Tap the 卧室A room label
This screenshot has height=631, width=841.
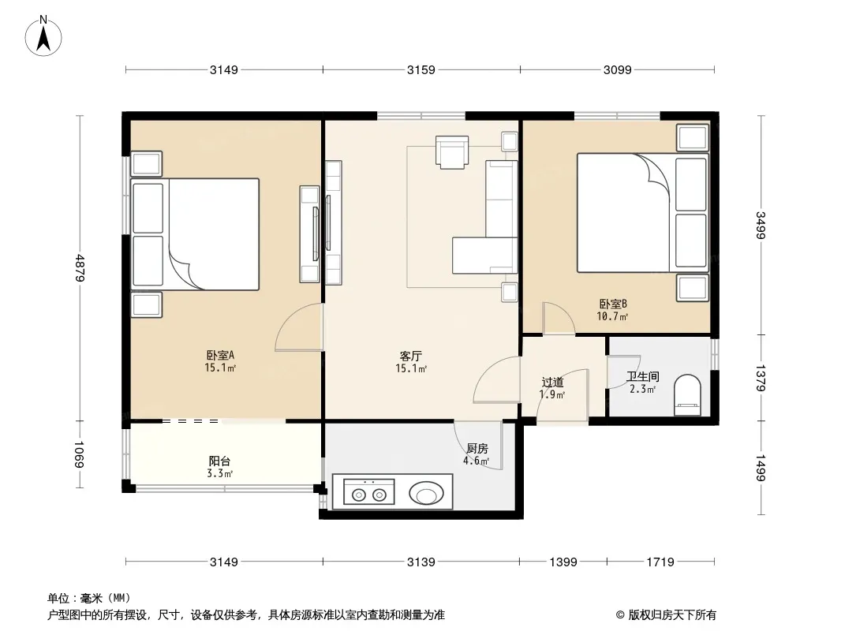[x=220, y=355]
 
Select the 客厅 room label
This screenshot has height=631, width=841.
[x=411, y=355]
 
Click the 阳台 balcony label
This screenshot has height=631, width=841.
[x=220, y=461]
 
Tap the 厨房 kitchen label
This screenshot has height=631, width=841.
[x=477, y=448]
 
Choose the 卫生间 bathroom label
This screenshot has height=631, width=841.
[x=642, y=377]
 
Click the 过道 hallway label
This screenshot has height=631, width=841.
[x=552, y=383]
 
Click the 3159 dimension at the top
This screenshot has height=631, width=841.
[x=420, y=70]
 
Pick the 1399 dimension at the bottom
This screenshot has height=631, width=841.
[x=563, y=562]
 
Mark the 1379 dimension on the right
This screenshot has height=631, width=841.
[x=761, y=378]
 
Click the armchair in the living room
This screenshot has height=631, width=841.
[x=452, y=152]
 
